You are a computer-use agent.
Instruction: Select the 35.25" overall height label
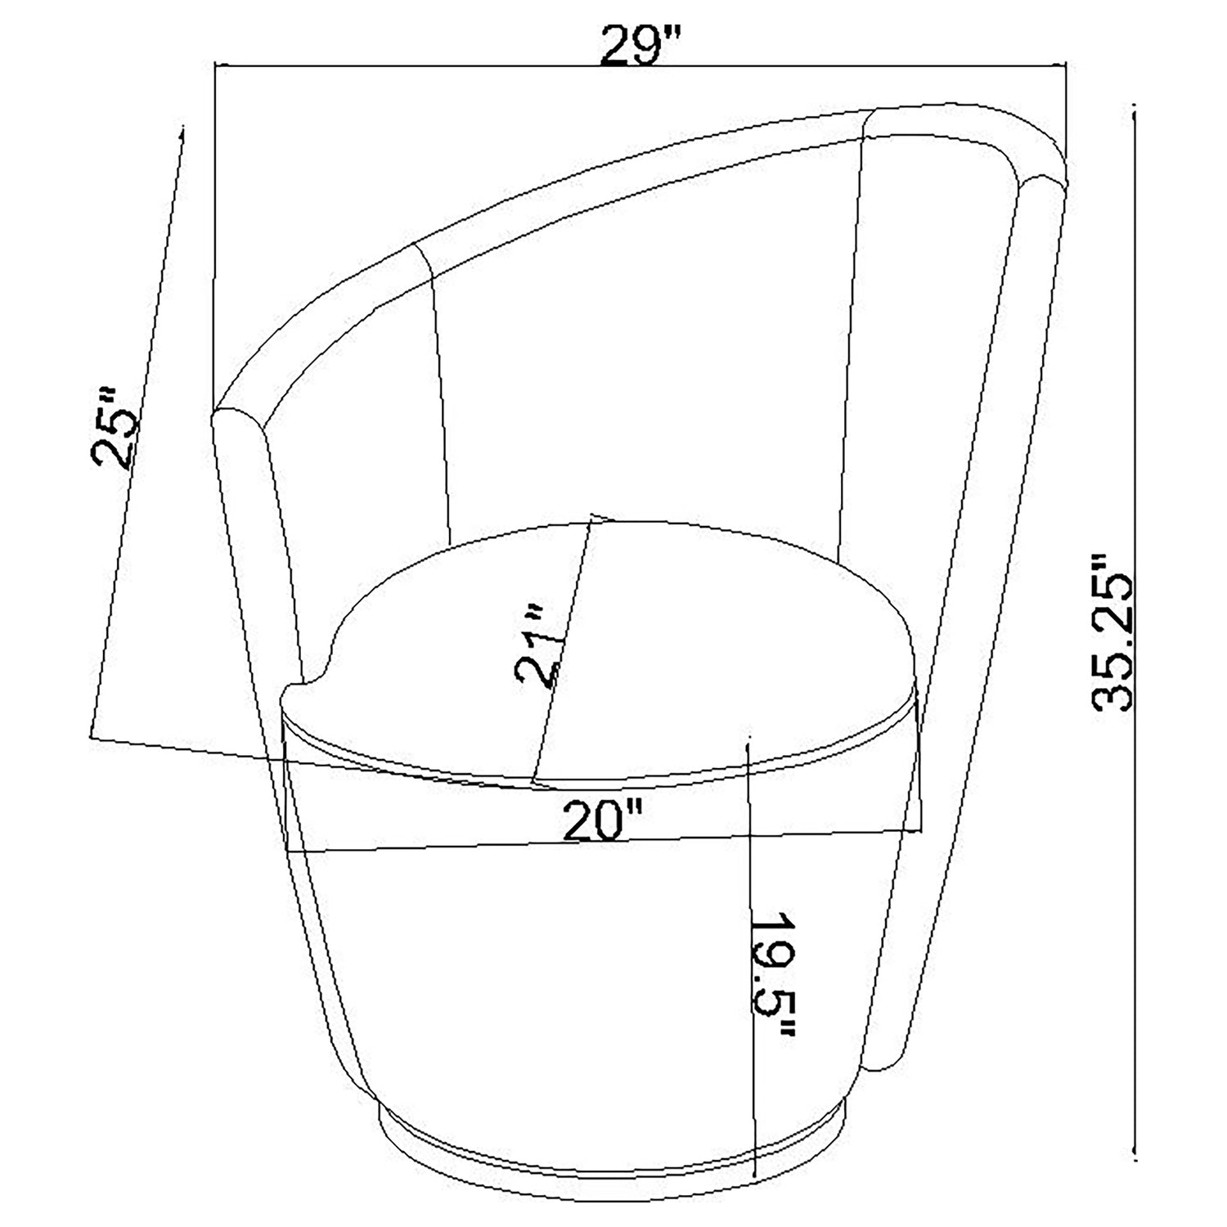point(1111,630)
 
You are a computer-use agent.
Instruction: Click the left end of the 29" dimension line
point(214,63)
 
